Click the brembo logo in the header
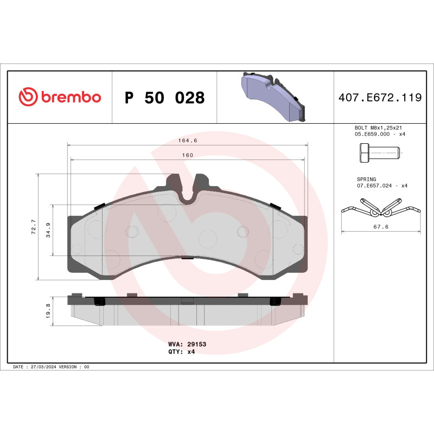coord(60,97)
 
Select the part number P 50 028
coord(164,98)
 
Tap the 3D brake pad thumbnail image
coord(274,97)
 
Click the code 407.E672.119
coord(379,98)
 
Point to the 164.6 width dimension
coord(187,141)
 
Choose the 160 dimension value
coord(187,155)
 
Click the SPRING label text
coord(366,179)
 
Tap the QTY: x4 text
coord(181,352)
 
